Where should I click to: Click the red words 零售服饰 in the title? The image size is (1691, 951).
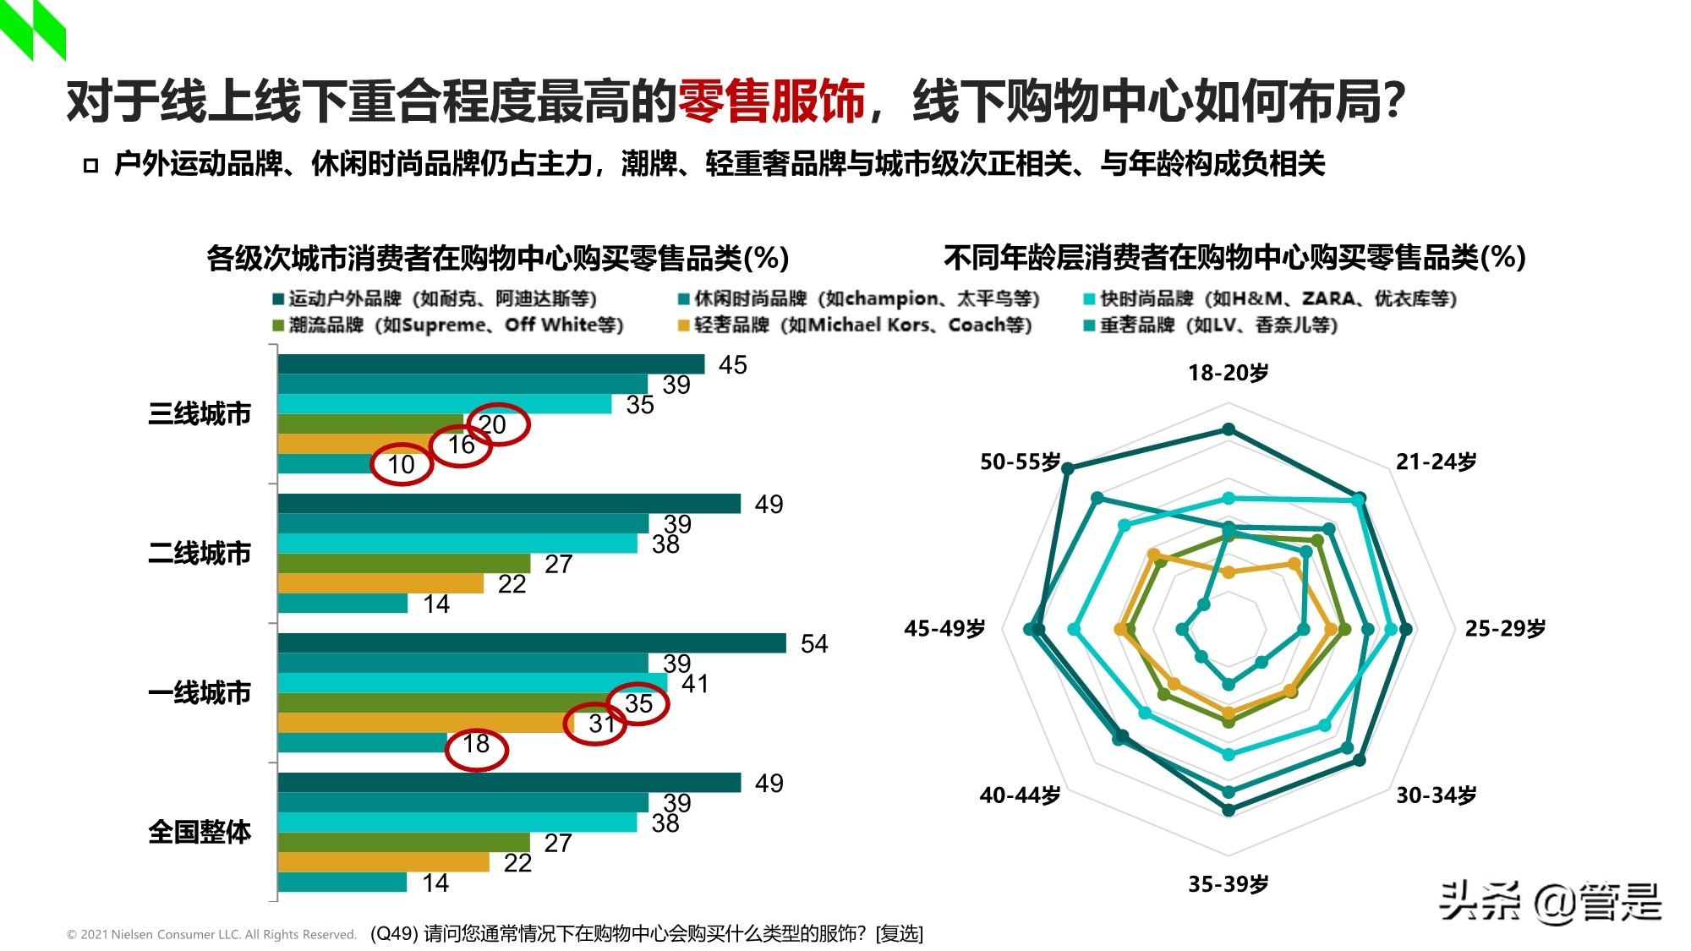coord(771,101)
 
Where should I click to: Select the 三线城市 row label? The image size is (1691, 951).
coord(200,414)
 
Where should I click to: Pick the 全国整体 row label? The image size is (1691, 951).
coord(200,832)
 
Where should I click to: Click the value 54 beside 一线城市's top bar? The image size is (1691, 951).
coord(813,644)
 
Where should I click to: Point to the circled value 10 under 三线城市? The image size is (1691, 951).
coord(402,465)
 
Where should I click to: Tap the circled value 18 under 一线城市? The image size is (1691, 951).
coord(476,745)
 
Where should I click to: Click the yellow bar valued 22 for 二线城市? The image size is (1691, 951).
coord(380,584)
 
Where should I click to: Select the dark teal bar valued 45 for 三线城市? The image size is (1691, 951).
coord(490,364)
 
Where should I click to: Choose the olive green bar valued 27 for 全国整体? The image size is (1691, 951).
coord(403,843)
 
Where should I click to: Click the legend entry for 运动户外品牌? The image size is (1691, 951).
coord(435,298)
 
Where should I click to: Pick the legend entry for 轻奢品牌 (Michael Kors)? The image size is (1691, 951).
coord(856,325)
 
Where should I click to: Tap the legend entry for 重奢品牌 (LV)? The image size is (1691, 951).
coord(1211,325)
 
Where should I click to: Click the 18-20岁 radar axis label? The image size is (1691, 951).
coord(1228,373)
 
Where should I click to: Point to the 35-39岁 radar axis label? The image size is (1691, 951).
coord(1228,884)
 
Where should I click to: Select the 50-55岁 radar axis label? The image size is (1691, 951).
coord(1020,462)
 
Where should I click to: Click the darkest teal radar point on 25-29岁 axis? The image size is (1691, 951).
coord(1405,629)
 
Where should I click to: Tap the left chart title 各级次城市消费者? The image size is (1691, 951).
coord(497,258)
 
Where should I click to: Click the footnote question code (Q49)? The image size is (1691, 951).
coord(395,933)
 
